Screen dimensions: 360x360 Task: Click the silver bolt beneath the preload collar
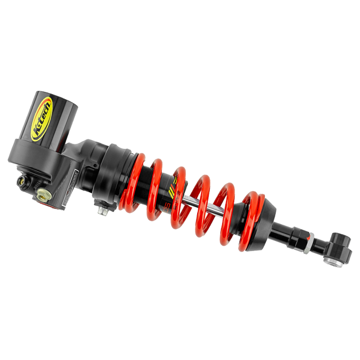[x=103, y=212]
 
